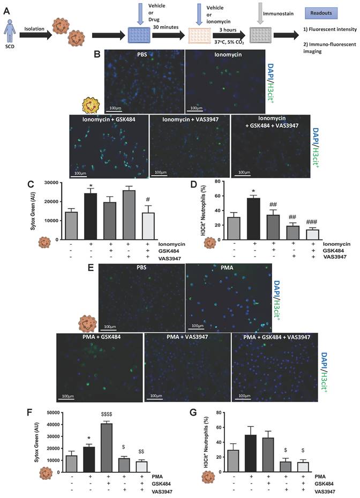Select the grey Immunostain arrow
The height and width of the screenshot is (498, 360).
[230, 15]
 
